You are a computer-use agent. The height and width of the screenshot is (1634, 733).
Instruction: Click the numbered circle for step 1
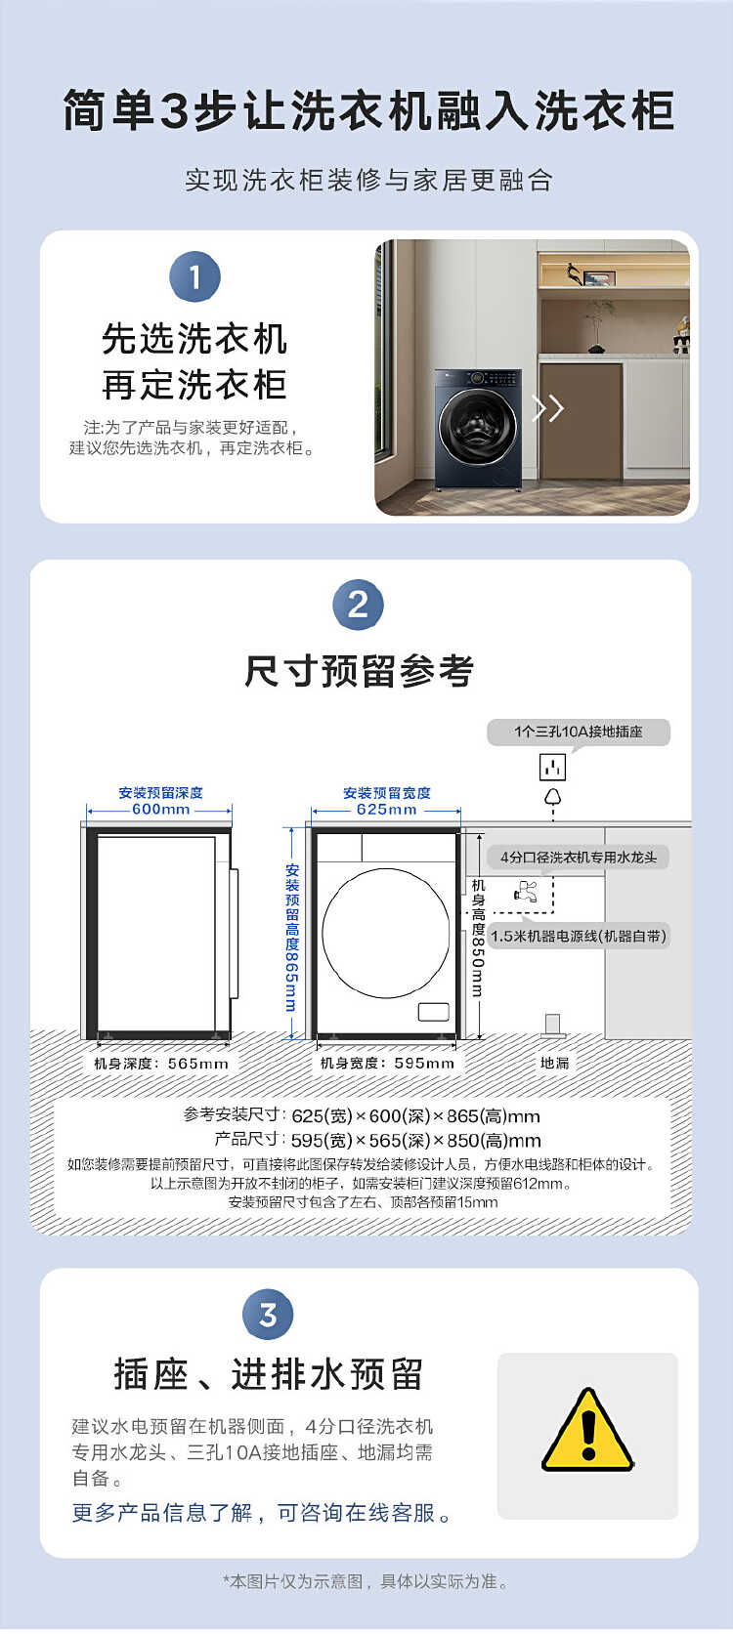[x=194, y=277]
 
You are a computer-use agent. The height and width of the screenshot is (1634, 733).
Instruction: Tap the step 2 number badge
[x=358, y=606]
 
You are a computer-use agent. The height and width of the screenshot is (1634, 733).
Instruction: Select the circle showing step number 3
[x=268, y=1315]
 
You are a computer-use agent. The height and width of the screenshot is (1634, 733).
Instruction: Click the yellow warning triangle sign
[x=587, y=1430]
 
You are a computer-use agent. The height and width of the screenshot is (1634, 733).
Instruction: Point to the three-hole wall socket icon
[x=552, y=767]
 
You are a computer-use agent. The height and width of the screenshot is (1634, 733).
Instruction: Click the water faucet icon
[x=526, y=892]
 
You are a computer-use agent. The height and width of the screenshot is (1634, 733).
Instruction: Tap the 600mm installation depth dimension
[x=160, y=809]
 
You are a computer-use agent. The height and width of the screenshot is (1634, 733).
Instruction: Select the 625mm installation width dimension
[x=386, y=809]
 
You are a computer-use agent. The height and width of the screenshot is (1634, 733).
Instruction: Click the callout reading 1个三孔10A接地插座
[x=579, y=732]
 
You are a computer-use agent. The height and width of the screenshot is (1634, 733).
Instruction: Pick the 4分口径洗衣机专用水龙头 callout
[x=579, y=858]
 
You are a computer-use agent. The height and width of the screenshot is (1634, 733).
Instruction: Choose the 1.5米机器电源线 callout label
[x=579, y=936]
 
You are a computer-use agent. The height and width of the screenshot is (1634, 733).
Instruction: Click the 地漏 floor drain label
[x=554, y=1063]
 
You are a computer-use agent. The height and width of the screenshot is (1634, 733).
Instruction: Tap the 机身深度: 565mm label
[x=161, y=1063]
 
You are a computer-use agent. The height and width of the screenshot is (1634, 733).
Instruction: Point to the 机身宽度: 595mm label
[x=387, y=1063]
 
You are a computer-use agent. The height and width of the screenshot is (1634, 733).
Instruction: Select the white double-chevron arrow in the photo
[x=547, y=408]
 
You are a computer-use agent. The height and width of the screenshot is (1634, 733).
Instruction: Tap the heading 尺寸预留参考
[x=359, y=671]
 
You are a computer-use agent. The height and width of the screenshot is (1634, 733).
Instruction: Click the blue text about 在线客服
[x=262, y=1513]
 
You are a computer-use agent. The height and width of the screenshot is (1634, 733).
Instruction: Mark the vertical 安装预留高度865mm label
[x=291, y=938]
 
